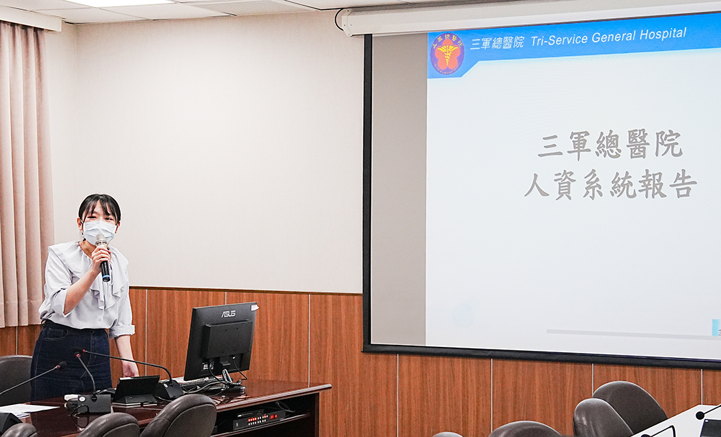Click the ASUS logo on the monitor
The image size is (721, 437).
[228, 314]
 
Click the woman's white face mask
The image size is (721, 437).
[99, 231]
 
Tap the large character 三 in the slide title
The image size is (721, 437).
[550, 146]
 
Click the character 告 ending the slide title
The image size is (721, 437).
[682, 183]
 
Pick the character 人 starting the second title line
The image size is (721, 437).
[537, 185]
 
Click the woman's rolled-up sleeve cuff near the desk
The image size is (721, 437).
[122, 330]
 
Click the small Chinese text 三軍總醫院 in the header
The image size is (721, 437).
[497, 43]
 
